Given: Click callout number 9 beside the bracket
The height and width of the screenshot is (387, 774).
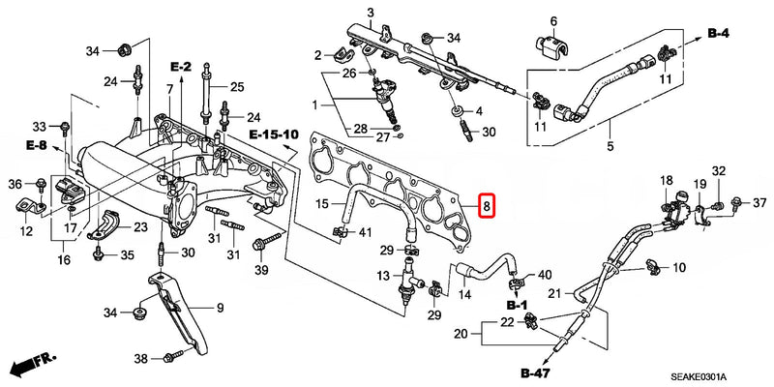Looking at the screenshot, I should (220, 308).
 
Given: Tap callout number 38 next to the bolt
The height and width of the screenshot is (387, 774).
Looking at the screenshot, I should (141, 359).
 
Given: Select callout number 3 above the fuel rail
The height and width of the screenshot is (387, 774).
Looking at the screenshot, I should (370, 12).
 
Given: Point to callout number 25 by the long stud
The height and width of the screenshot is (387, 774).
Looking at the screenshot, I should (236, 87).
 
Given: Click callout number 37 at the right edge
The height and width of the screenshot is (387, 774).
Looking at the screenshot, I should (759, 201).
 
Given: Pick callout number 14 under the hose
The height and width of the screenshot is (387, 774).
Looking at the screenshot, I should (464, 294).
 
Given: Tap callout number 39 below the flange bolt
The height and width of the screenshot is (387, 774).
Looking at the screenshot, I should (259, 269).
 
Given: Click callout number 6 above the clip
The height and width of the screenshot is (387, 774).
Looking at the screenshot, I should (554, 20).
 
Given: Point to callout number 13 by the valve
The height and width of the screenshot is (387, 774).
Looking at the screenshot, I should (383, 277).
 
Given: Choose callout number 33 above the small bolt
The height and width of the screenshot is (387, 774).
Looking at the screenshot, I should (40, 127).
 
